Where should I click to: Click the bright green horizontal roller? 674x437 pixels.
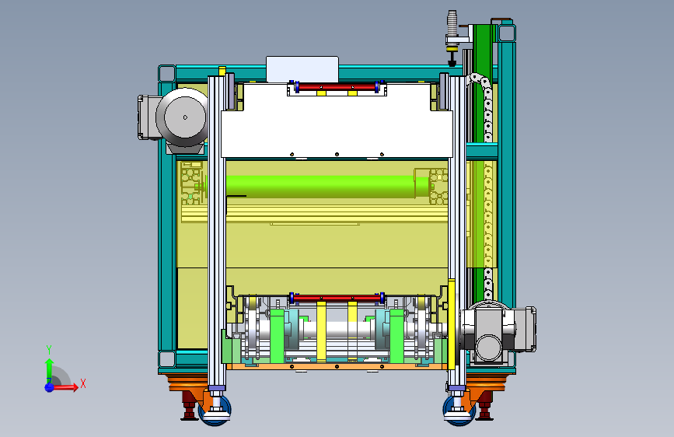pyautogui.click(x=327, y=187)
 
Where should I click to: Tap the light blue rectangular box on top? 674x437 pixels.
pyautogui.click(x=302, y=69)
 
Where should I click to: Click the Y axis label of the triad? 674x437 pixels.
pyautogui.click(x=49, y=350)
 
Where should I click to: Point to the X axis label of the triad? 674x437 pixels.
pyautogui.click(x=83, y=383)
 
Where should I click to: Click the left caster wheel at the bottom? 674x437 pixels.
pyautogui.click(x=215, y=411)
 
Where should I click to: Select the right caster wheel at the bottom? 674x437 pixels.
pyautogui.click(x=459, y=411)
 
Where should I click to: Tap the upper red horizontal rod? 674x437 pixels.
pyautogui.click(x=337, y=87)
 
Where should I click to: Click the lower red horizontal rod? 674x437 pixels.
pyautogui.click(x=337, y=298)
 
